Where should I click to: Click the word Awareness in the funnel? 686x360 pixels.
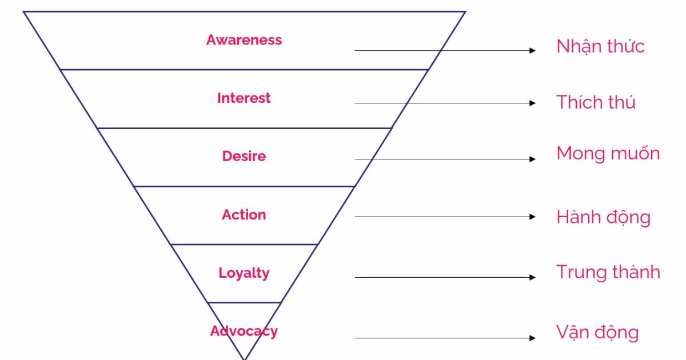244,40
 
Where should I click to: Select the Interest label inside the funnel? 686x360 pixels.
244,98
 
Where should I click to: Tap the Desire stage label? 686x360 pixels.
244,156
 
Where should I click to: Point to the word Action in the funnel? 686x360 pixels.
244,215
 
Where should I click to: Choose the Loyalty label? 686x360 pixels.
244,273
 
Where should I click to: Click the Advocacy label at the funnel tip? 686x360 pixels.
244,331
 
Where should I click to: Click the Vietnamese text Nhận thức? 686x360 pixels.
600,47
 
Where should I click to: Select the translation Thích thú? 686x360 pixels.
596,102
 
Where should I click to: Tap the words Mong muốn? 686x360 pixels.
608,153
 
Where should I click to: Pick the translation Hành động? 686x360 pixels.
603,217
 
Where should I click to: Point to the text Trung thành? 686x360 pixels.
608,272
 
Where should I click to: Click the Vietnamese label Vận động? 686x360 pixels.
597,333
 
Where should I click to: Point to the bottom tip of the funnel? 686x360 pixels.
245,358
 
